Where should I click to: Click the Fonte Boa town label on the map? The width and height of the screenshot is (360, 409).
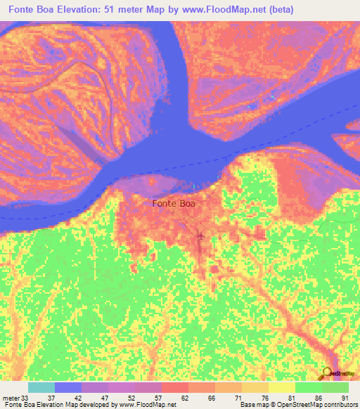coord(174,204)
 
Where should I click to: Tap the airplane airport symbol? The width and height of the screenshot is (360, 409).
coord(201,235)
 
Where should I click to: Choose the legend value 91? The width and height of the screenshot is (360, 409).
coord(345,398)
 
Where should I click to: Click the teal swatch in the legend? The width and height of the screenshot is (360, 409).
coord(41,387)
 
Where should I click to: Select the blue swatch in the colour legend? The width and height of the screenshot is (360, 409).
coord(68,387)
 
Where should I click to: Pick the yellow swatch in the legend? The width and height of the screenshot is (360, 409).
coord(282,387)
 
